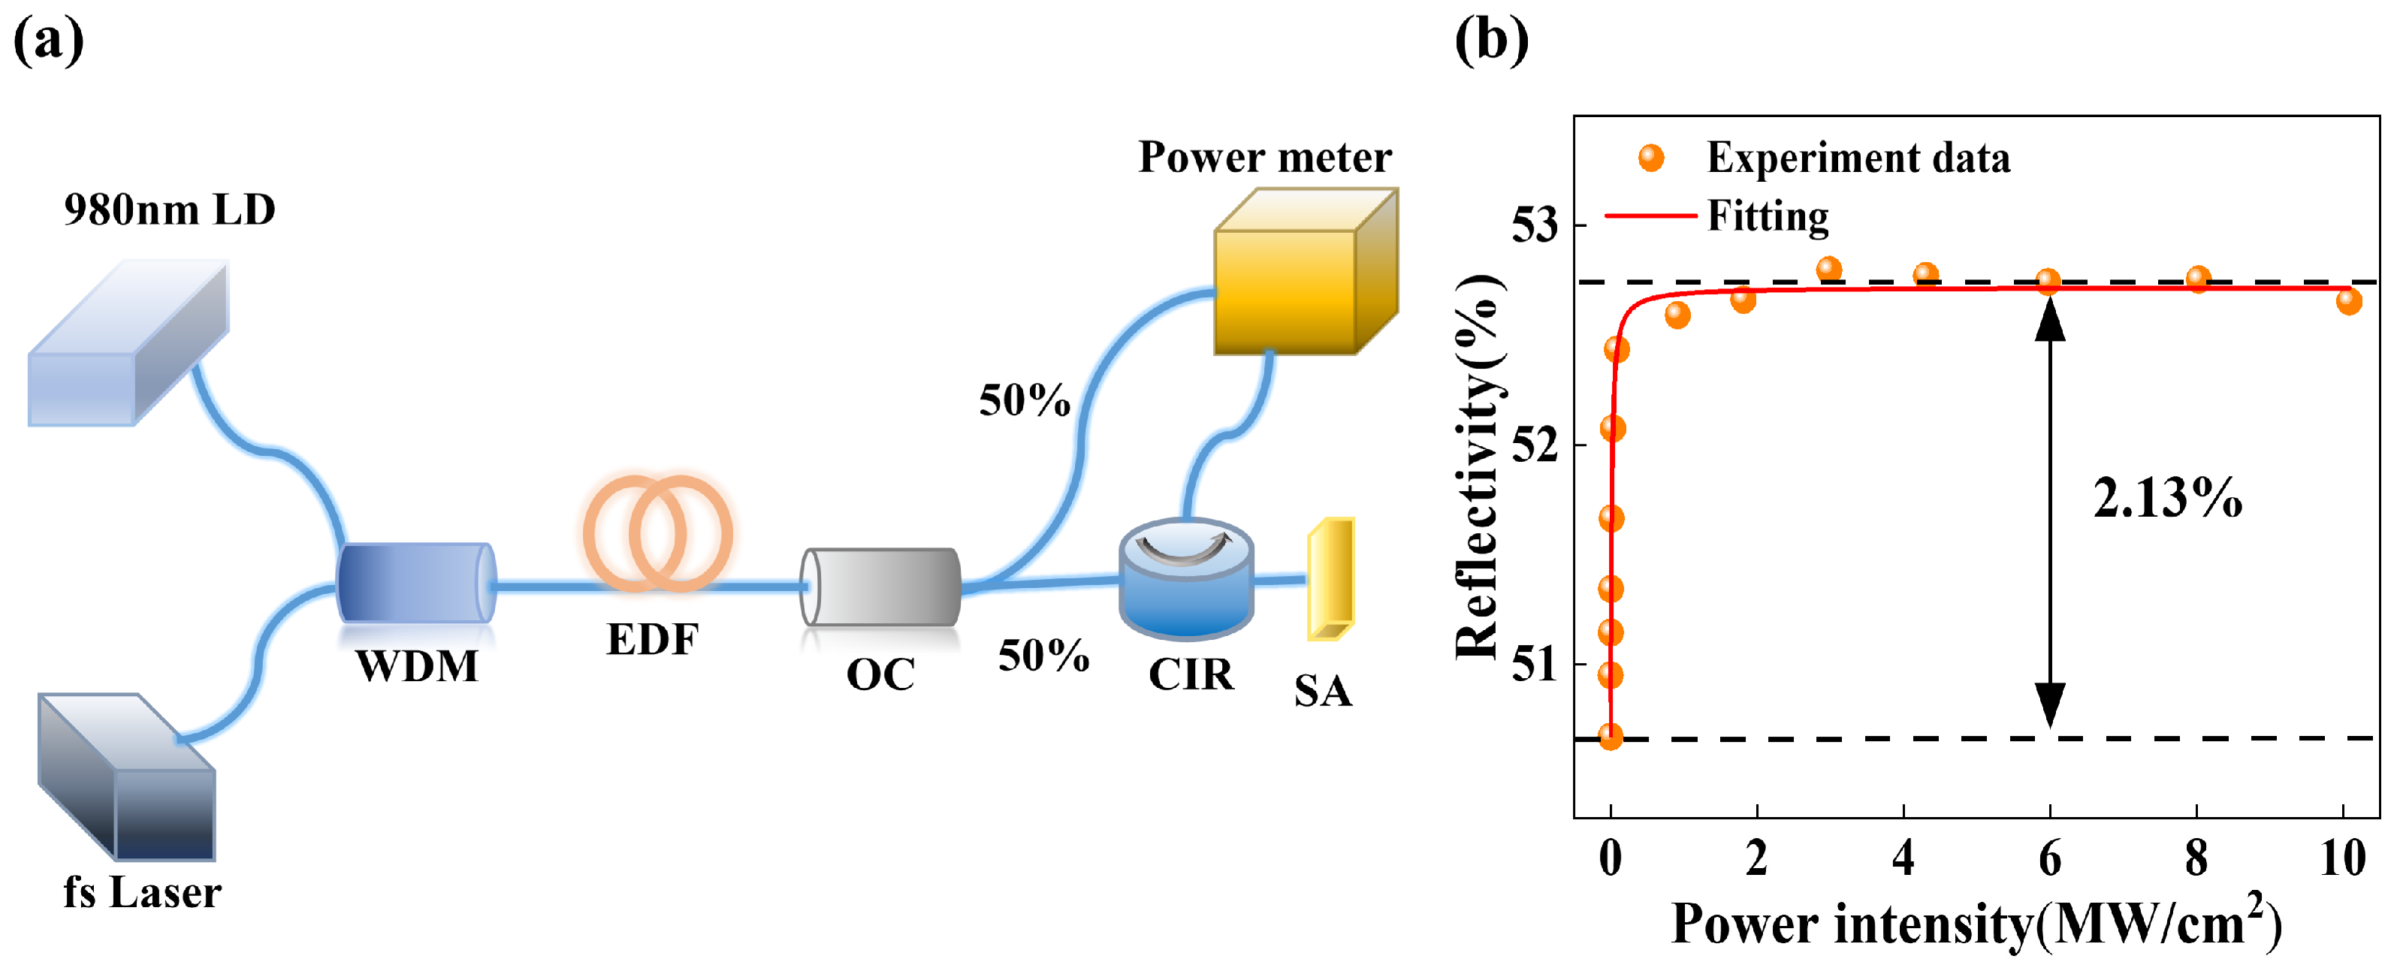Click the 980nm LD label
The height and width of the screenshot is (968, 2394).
169,210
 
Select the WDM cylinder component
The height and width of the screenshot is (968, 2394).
415,583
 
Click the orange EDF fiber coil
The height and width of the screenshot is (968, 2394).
658,533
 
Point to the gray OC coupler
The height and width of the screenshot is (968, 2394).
880,587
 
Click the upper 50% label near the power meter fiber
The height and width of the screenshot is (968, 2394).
1024,400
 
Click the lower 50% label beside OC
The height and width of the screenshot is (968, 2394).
1043,656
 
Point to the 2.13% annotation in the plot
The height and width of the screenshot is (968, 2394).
2166,498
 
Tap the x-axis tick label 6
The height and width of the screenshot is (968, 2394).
2049,858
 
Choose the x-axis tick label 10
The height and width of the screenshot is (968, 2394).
2342,858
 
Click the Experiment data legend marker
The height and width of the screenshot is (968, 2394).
1651,158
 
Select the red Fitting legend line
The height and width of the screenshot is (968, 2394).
1650,216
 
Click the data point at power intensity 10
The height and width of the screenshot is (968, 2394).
2348,301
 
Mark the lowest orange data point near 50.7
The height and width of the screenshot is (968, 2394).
1611,737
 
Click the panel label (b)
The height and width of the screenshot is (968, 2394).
1490,41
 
